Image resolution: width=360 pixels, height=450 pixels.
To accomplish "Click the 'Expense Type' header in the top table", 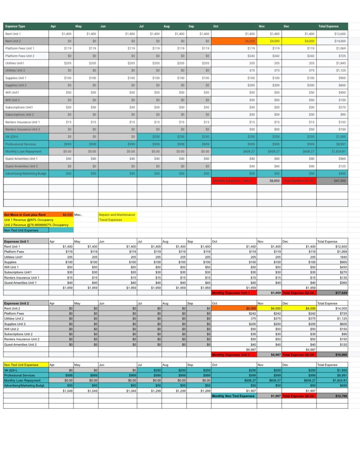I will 15,26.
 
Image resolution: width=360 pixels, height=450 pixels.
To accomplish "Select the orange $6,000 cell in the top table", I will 234,41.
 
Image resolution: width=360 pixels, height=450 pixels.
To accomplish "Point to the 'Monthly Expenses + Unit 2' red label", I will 234,181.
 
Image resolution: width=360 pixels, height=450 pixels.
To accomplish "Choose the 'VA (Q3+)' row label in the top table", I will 12,137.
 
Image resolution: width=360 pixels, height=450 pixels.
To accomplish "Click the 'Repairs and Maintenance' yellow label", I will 117,215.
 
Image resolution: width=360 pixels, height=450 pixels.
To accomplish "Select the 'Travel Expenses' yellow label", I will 110,220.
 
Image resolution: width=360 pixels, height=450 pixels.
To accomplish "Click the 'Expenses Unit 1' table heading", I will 17,242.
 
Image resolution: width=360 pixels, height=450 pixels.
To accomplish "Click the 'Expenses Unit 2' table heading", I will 17,303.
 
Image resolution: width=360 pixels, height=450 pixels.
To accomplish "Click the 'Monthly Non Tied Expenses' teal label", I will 233,396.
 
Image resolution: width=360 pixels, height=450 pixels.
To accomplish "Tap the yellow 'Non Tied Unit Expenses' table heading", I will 21,365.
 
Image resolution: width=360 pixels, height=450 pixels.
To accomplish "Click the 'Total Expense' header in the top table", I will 328,26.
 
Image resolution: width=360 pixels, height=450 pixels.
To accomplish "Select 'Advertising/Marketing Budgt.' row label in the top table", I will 26,174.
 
